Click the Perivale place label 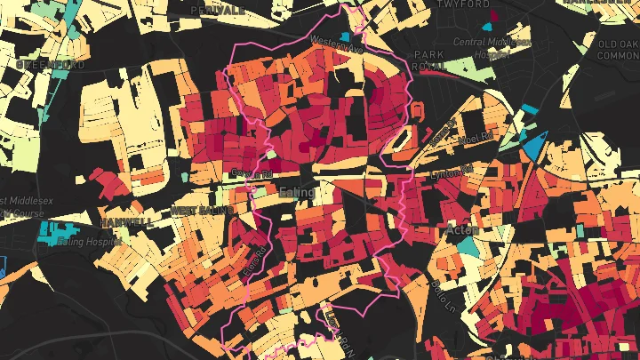pos(222,9)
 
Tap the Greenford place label pos(51,65)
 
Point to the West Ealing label pos(196,211)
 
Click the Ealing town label pos(296,192)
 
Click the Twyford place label pos(464,4)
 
